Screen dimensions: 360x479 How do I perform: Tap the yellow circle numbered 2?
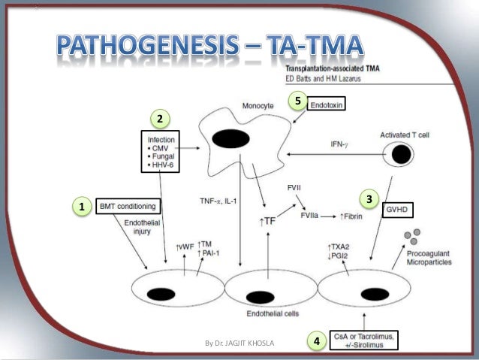pyautogui.click(x=160, y=118)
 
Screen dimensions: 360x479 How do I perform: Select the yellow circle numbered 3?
pyautogui.click(x=369, y=198)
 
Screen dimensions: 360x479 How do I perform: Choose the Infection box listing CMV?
pyautogui.click(x=163, y=153)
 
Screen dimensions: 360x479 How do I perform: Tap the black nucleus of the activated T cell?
pyautogui.click(x=402, y=154)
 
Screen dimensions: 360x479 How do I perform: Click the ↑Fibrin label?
pyautogui.click(x=353, y=216)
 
